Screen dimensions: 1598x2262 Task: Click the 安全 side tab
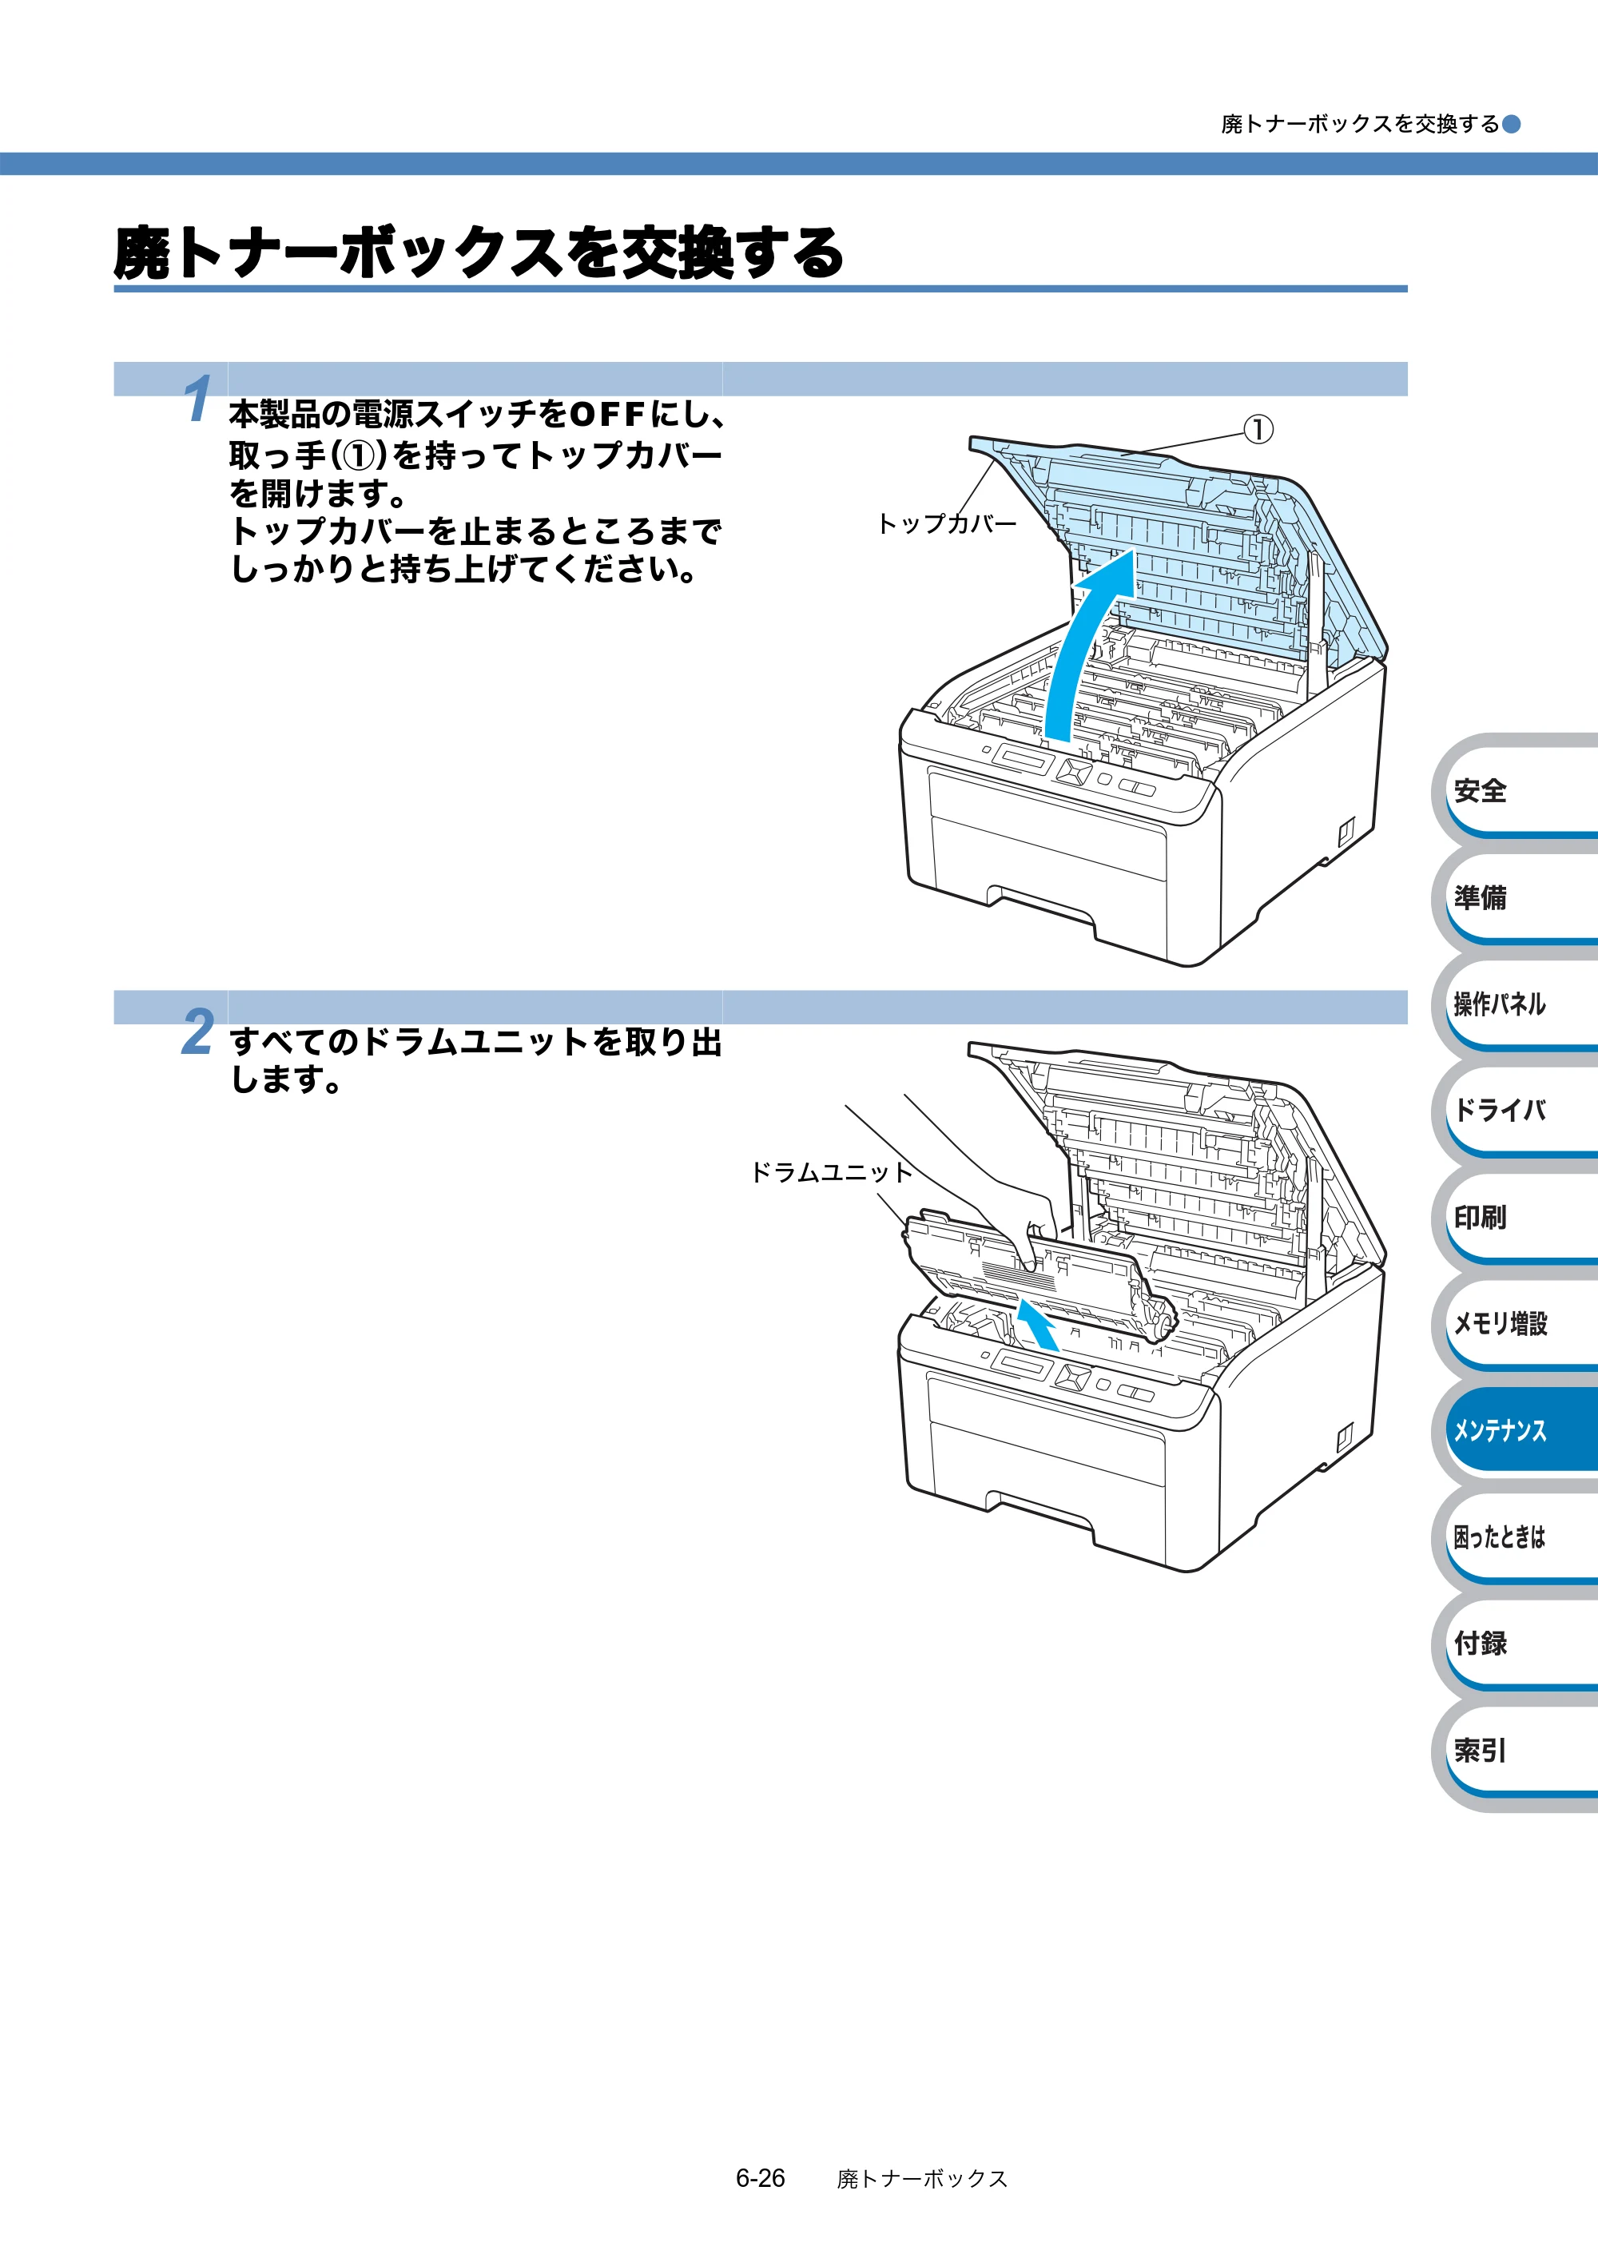tap(1515, 789)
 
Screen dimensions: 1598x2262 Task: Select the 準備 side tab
tap(1515, 896)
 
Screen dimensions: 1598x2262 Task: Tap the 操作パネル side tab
tap(1515, 1003)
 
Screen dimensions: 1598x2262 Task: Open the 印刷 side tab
tap(1515, 1217)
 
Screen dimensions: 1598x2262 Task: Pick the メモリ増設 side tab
tap(1515, 1323)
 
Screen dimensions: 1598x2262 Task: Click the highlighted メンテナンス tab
tap(1515, 1429)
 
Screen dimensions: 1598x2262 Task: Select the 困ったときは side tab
tap(1515, 1536)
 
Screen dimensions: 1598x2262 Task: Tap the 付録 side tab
tap(1515, 1642)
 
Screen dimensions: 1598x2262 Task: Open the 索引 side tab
tap(1515, 1750)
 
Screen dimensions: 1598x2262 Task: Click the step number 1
tap(197, 398)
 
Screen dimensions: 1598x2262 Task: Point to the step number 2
tap(197, 1032)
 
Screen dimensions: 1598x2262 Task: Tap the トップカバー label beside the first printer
tap(946, 523)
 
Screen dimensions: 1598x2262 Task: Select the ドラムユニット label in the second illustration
tap(832, 1171)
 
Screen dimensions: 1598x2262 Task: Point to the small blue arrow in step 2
tap(1037, 1323)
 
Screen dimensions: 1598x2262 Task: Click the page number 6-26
tap(760, 2178)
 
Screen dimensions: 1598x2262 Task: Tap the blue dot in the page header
tap(1510, 123)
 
